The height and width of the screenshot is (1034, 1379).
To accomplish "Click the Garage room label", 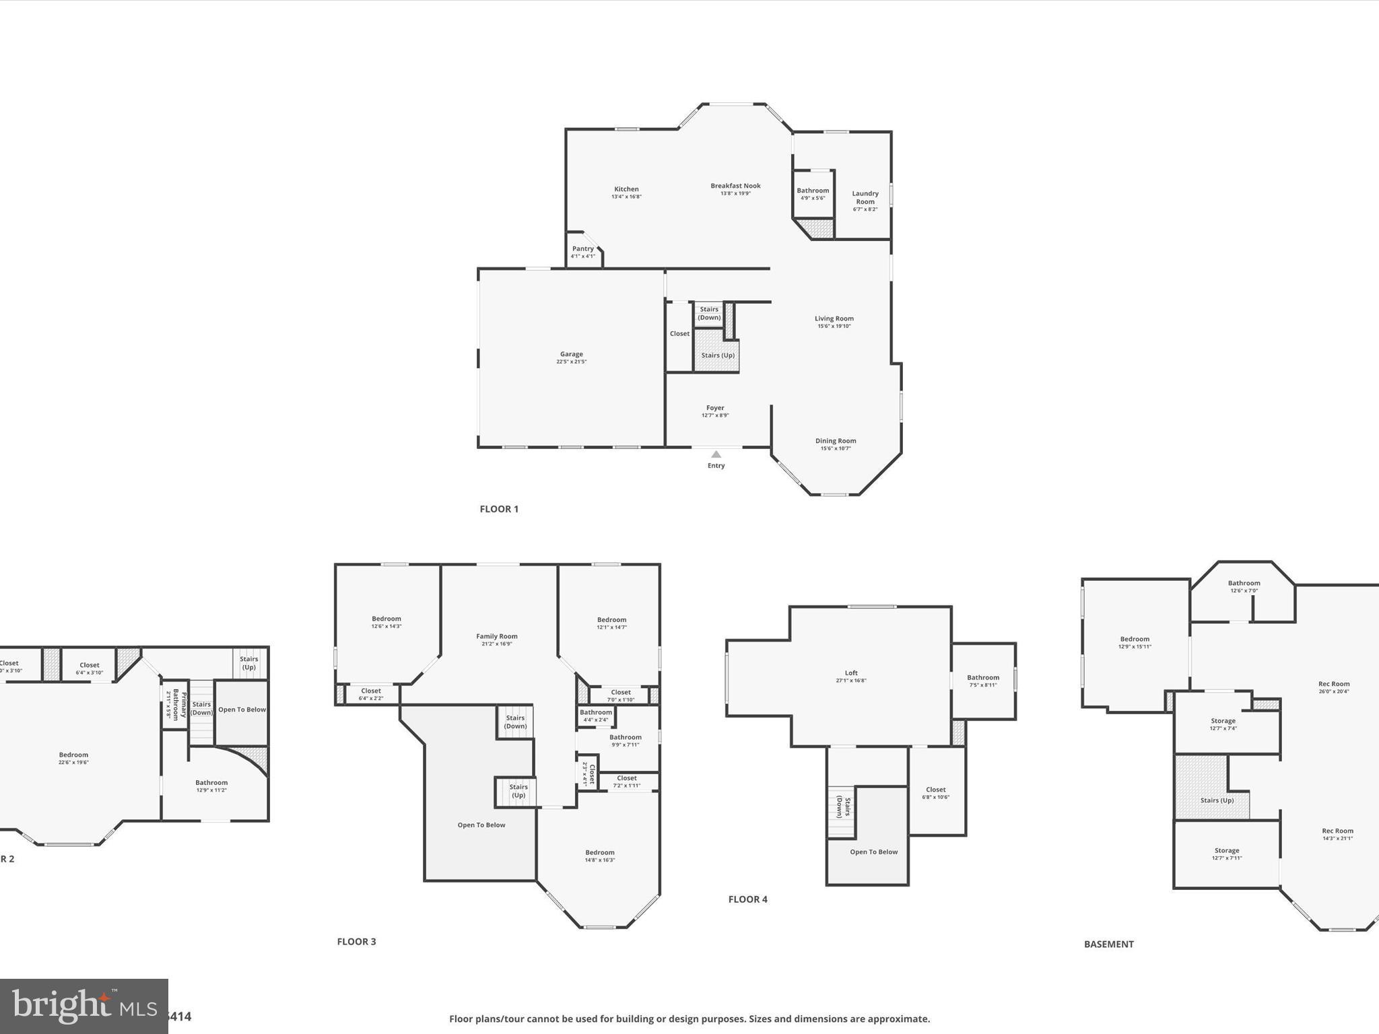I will (571, 354).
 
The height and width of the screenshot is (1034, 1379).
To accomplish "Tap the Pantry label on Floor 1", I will (582, 249).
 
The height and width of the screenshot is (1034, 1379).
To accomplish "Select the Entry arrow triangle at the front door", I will (716, 454).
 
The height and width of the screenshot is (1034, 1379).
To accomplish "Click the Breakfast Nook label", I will (735, 186).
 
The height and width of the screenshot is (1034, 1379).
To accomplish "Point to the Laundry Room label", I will (865, 197).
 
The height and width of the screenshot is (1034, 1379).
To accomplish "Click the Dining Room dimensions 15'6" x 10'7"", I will (836, 448).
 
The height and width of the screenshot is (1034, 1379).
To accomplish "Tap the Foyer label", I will (715, 408).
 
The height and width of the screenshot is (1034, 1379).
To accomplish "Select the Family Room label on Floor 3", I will (496, 636).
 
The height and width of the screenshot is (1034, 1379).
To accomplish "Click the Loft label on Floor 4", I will (851, 673).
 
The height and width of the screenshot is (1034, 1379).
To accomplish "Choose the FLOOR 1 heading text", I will (499, 509).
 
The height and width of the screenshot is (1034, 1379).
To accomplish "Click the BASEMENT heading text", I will (1108, 944).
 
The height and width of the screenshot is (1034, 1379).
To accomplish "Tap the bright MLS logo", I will (83, 1006).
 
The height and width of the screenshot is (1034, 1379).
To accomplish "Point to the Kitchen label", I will (626, 189).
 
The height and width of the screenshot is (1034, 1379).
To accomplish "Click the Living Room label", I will (834, 318).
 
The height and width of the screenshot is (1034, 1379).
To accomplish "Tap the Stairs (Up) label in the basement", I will (1217, 800).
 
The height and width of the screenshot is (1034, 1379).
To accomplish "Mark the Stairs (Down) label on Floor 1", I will (708, 313).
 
